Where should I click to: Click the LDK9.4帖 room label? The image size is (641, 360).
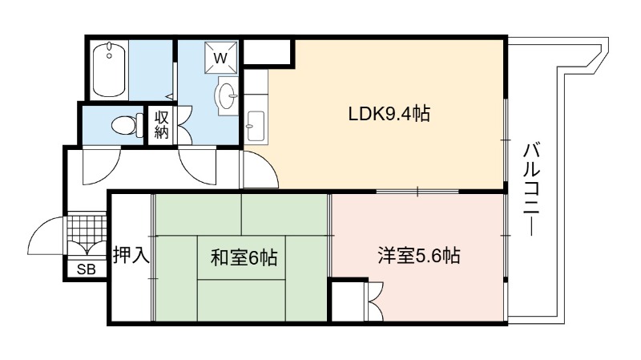[x=389, y=113]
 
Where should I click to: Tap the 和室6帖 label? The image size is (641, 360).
[x=244, y=257]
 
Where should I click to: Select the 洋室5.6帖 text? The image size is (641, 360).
[x=418, y=256]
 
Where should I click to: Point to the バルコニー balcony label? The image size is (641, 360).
[x=531, y=189]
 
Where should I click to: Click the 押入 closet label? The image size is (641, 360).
[x=131, y=254]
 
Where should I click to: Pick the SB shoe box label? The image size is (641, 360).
[x=87, y=269]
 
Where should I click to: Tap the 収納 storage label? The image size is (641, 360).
[x=162, y=125]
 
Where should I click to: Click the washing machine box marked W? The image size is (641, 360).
[x=221, y=57]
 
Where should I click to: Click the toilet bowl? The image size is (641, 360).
[x=127, y=125]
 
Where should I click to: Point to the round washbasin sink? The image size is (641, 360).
[x=227, y=95]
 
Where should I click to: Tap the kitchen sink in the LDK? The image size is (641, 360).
[x=256, y=126]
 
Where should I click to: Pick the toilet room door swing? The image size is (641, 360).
[x=102, y=167]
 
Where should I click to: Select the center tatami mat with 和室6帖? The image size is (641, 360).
[x=241, y=257]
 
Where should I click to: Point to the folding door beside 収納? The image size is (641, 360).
[x=184, y=125]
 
